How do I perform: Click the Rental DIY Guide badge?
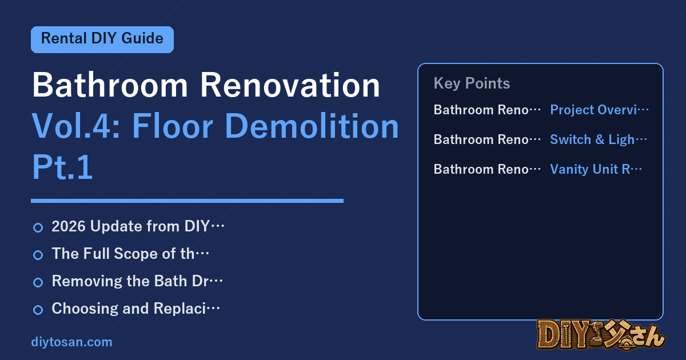pyautogui.click(x=102, y=39)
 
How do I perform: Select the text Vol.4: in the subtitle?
pyautogui.click(x=76, y=126)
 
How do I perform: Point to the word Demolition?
pyautogui.click(x=312, y=126)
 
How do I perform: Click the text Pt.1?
pyautogui.click(x=62, y=167)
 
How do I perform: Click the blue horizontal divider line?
pyautogui.click(x=187, y=201)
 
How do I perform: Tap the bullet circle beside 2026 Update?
pyautogui.click(x=38, y=228)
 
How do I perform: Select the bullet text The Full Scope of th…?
pyautogui.click(x=130, y=254)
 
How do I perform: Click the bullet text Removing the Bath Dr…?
pyautogui.click(x=137, y=281)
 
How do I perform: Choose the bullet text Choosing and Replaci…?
pyautogui.click(x=135, y=308)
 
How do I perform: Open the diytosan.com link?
pyautogui.click(x=71, y=342)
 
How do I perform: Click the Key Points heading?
pyautogui.click(x=472, y=83)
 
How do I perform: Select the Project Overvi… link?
pyautogui.click(x=599, y=110)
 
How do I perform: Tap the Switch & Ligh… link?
pyautogui.click(x=599, y=139)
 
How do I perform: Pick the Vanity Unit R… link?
pyautogui.click(x=596, y=169)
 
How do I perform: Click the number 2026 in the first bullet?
pyautogui.click(x=69, y=226)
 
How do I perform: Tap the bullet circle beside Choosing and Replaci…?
pyautogui.click(x=38, y=310)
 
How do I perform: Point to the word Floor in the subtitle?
pyautogui.click(x=173, y=126)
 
